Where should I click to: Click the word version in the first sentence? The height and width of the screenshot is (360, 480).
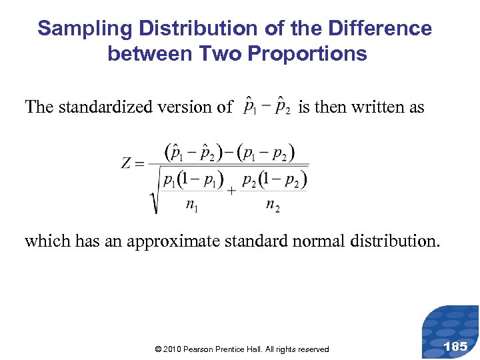(190, 107)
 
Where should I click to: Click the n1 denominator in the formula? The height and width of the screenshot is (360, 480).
(192, 205)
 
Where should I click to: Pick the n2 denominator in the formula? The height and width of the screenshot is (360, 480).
(272, 205)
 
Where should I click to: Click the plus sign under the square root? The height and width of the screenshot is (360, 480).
(231, 190)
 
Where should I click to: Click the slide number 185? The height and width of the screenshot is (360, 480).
(455, 346)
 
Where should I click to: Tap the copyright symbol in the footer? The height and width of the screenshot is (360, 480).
(157, 349)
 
